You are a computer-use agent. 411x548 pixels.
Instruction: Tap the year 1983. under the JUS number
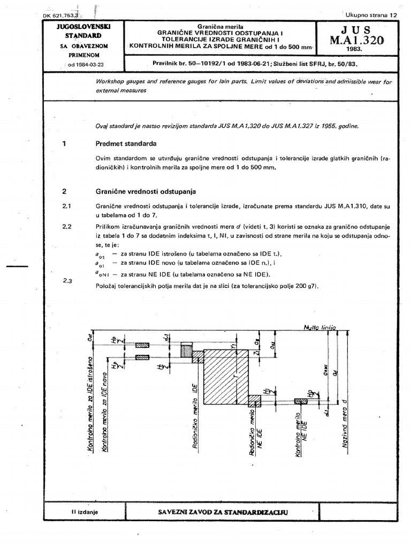[x=354, y=50]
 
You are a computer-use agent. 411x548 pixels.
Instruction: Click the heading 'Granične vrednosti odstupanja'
[x=146, y=191]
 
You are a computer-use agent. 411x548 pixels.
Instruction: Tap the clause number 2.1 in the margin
[x=67, y=205]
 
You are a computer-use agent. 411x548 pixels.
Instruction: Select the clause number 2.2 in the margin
[x=67, y=226]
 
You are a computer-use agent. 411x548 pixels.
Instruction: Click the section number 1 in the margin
[x=64, y=144]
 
